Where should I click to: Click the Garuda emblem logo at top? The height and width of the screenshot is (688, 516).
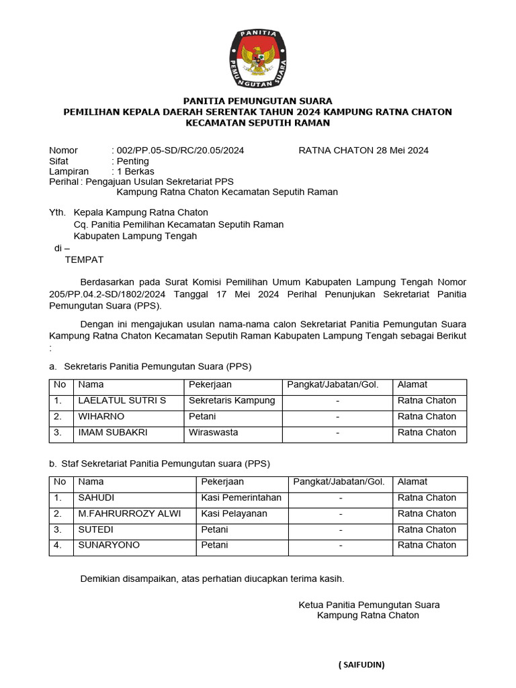click(x=258, y=59)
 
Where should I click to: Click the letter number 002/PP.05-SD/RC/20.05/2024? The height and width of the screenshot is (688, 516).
click(x=180, y=150)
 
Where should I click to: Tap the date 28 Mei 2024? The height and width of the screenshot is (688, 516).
click(x=396, y=150)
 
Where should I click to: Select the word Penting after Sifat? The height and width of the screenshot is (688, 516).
click(x=133, y=161)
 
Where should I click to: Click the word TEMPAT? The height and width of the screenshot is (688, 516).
click(x=84, y=260)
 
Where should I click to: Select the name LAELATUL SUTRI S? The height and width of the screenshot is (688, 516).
click(x=122, y=400)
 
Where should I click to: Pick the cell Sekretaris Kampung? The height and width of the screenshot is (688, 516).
click(x=232, y=400)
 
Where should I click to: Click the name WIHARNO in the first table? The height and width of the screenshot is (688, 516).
click(x=101, y=417)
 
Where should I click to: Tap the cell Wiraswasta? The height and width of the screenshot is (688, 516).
click(x=213, y=433)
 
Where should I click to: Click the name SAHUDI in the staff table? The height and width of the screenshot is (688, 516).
click(x=97, y=498)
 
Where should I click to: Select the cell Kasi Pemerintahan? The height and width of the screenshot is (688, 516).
click(x=241, y=498)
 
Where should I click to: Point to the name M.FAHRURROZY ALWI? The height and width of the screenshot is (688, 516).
click(x=130, y=514)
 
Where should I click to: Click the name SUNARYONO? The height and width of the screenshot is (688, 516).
click(x=109, y=545)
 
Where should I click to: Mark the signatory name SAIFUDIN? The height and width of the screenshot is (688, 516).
click(x=361, y=664)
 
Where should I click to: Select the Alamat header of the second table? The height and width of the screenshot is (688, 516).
click(x=413, y=482)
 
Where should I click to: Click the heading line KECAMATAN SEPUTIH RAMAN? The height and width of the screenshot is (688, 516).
click(x=258, y=123)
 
